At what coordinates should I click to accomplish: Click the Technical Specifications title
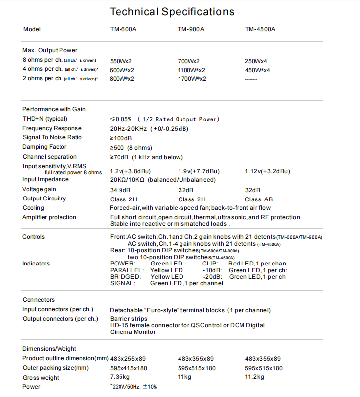172,11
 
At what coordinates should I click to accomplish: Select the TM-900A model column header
191,30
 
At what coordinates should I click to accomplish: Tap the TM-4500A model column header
260,30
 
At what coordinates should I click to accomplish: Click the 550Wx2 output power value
121,61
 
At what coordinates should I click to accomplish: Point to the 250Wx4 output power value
256,61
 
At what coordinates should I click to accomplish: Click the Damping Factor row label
44,147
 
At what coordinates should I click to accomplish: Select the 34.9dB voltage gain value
120,190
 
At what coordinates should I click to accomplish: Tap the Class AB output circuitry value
260,199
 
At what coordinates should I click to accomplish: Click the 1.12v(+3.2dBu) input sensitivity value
268,171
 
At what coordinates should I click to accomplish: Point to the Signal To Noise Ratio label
52,137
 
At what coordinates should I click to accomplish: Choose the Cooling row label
33,208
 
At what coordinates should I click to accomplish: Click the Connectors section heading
39,300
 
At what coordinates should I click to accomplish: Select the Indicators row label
36,264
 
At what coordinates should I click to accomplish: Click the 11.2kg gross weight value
255,378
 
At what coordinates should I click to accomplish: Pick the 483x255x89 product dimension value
128,359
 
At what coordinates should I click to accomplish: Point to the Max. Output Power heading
50,50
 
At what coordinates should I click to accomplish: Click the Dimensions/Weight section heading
50,349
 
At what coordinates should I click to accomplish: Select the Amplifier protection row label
50,217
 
